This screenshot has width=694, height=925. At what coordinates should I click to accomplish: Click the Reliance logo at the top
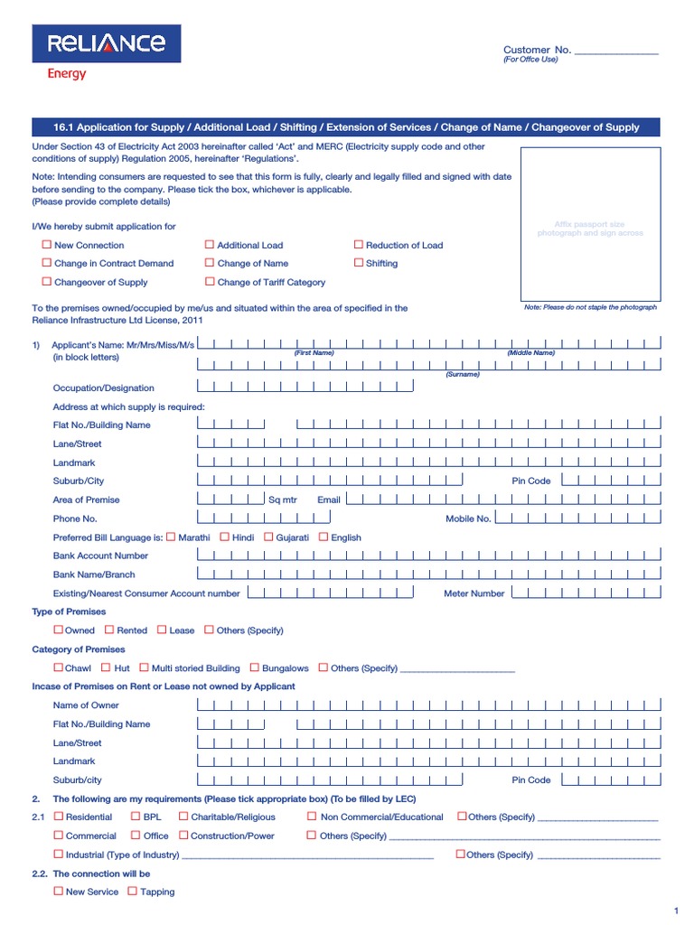click(107, 43)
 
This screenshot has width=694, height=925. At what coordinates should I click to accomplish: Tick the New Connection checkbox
click(47, 245)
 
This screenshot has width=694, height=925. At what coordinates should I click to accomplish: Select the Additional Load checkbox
click(210, 245)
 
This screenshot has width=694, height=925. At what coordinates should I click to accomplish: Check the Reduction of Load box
click(359, 245)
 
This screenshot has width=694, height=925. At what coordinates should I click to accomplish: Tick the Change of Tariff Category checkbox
click(210, 282)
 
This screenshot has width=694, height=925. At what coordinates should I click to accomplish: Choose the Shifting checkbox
click(359, 263)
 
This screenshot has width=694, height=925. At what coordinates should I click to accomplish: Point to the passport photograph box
click(592, 229)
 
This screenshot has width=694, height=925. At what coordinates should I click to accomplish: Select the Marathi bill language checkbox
click(172, 537)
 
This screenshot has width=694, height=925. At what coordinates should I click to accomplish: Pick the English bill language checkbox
click(324, 537)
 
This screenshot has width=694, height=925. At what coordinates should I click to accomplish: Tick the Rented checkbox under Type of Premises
click(109, 630)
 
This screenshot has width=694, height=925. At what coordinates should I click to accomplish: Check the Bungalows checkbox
click(255, 668)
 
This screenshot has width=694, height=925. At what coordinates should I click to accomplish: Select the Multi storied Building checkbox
click(145, 668)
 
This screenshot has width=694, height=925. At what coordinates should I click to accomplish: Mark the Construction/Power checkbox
click(183, 836)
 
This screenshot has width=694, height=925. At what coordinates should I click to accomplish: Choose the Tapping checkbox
click(133, 891)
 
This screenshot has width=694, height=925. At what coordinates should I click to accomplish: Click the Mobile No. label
click(468, 519)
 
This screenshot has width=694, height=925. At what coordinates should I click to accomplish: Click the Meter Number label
click(474, 593)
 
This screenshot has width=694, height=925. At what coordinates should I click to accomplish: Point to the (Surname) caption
click(462, 374)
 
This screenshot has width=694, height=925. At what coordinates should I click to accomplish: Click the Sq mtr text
click(282, 500)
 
